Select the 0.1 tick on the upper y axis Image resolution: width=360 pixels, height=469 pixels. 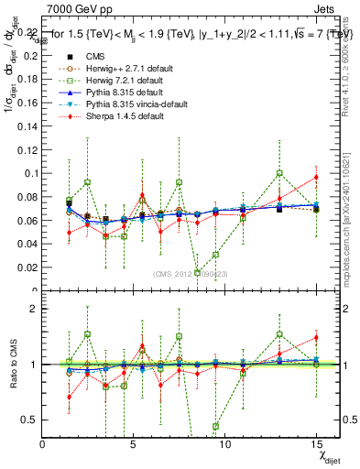[32, 173]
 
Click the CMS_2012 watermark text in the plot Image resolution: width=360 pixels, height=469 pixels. [190, 274]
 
